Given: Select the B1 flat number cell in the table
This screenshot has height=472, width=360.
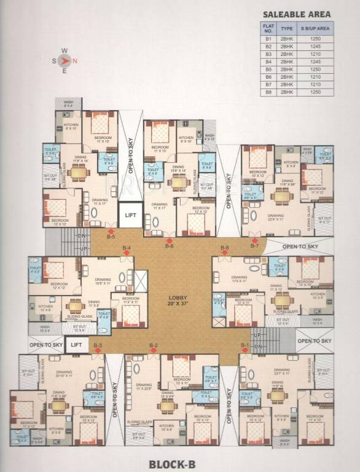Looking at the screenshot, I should [x=268, y=39].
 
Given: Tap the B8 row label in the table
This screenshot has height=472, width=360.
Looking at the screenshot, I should [x=268, y=92].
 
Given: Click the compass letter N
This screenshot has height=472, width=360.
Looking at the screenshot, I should [x=75, y=60].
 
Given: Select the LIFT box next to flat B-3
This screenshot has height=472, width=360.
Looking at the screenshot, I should [x=76, y=345].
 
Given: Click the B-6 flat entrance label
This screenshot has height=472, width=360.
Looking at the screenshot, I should [x=170, y=246].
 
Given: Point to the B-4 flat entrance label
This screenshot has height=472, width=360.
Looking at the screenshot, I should [x=127, y=247].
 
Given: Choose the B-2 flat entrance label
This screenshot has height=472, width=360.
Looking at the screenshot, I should [x=154, y=345].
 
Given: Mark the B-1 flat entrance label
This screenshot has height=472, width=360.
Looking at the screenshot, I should [x=245, y=345].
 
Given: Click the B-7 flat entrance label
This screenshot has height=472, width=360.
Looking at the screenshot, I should [x=256, y=246].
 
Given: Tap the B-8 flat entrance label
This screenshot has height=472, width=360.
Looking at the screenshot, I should [x=225, y=247].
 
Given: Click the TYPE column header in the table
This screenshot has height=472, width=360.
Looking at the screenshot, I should [x=287, y=28].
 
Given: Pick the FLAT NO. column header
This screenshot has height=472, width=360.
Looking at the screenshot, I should [x=268, y=28].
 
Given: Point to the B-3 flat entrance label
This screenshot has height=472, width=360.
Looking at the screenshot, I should [x=97, y=345].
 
